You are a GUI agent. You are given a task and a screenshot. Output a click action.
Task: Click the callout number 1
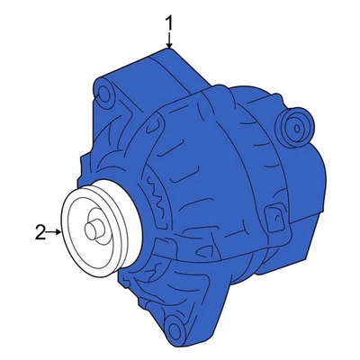click(168, 19)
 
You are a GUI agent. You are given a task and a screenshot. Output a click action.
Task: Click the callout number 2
click(40, 233)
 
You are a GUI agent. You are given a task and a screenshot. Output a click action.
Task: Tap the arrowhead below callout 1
click(168, 44)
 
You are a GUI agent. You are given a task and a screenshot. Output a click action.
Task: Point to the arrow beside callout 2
click(56, 233)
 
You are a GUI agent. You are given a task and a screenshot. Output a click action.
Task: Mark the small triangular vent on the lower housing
click(163, 267)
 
